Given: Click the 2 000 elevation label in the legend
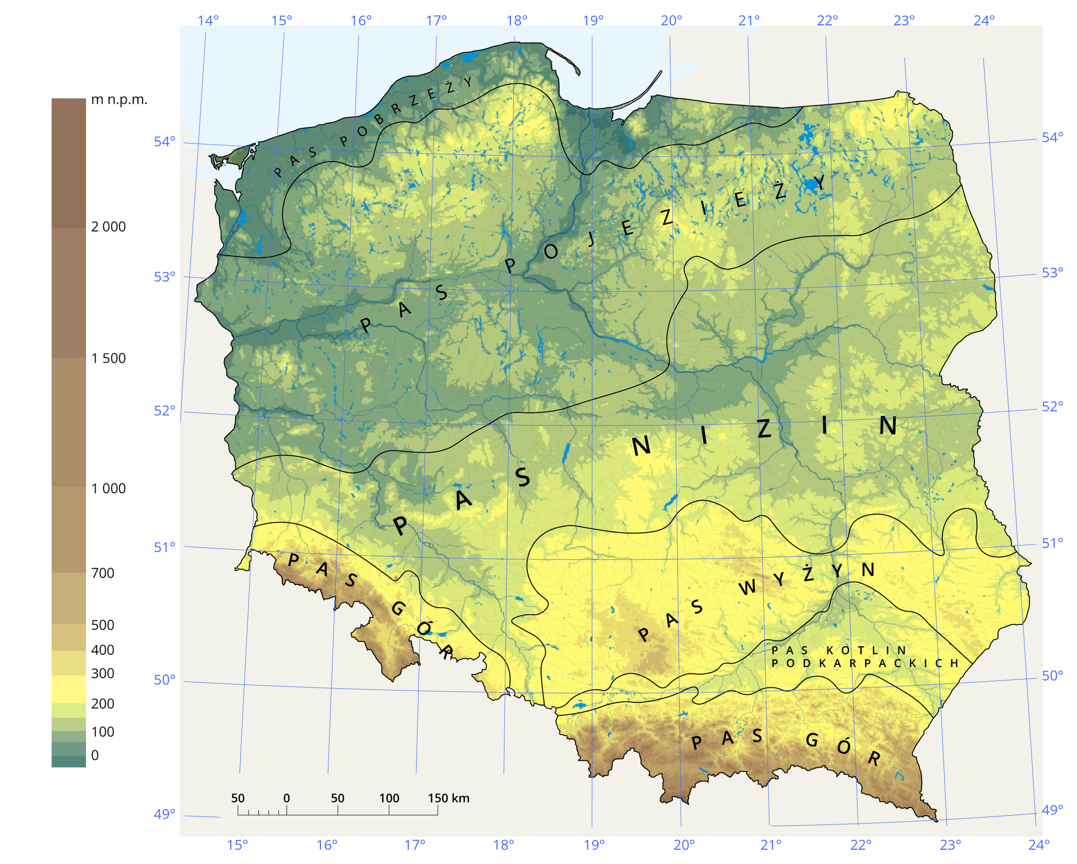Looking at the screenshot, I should tap(108, 227).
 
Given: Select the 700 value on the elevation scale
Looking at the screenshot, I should tap(103, 573).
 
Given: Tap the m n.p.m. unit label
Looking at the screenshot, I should tap(119, 100).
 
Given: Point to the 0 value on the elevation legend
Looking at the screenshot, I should tap(95, 755).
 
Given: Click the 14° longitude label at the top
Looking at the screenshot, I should tap(208, 21).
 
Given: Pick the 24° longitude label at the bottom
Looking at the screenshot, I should tap(1039, 844).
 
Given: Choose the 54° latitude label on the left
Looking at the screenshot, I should tap(164, 141).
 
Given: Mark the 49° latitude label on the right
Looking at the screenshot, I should tap(1052, 810).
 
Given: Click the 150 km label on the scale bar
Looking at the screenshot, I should tap(448, 798).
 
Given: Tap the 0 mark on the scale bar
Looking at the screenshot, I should tap(287, 798).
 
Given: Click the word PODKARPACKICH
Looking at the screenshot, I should tap(864, 663).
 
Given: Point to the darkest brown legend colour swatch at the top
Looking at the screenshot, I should tap(68, 163).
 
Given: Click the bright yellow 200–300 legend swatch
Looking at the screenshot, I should tap(68, 689).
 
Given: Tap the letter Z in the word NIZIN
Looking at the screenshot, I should tap(764, 429).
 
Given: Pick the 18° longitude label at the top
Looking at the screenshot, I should tap(517, 21).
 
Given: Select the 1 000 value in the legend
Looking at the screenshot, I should tap(108, 488).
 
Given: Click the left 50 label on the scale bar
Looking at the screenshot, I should tap(238, 798).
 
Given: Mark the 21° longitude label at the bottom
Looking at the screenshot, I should tap(771, 844).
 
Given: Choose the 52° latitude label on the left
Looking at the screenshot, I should tap(164, 411).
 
